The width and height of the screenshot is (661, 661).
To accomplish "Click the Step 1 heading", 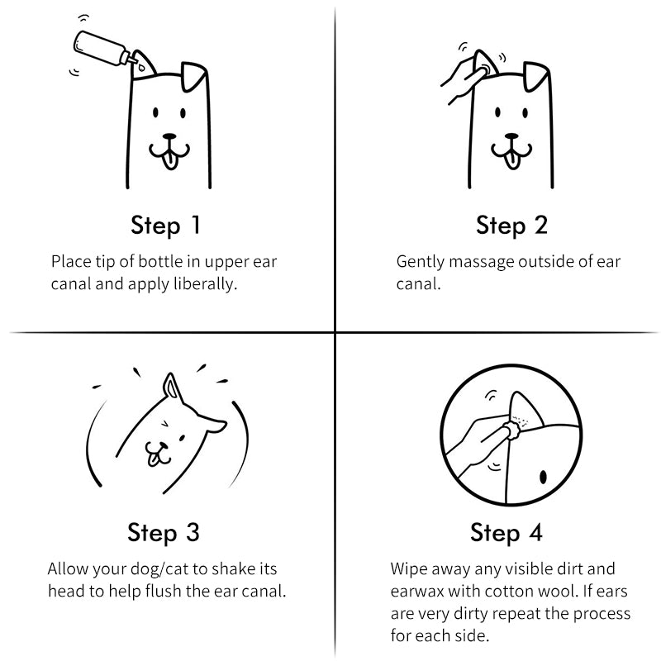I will (165, 225).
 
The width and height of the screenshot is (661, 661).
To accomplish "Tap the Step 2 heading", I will (511, 225).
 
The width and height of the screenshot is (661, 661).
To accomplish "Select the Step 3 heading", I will (164, 532).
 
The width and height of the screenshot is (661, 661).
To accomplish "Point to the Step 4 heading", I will (506, 532).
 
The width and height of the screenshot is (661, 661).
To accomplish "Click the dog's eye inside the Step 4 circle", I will (543, 477).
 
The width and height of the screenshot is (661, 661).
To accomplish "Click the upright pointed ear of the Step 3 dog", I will (172, 388).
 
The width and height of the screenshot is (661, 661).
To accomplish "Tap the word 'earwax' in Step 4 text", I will (417, 592).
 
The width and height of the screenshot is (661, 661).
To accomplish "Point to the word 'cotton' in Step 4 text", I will (517, 592).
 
